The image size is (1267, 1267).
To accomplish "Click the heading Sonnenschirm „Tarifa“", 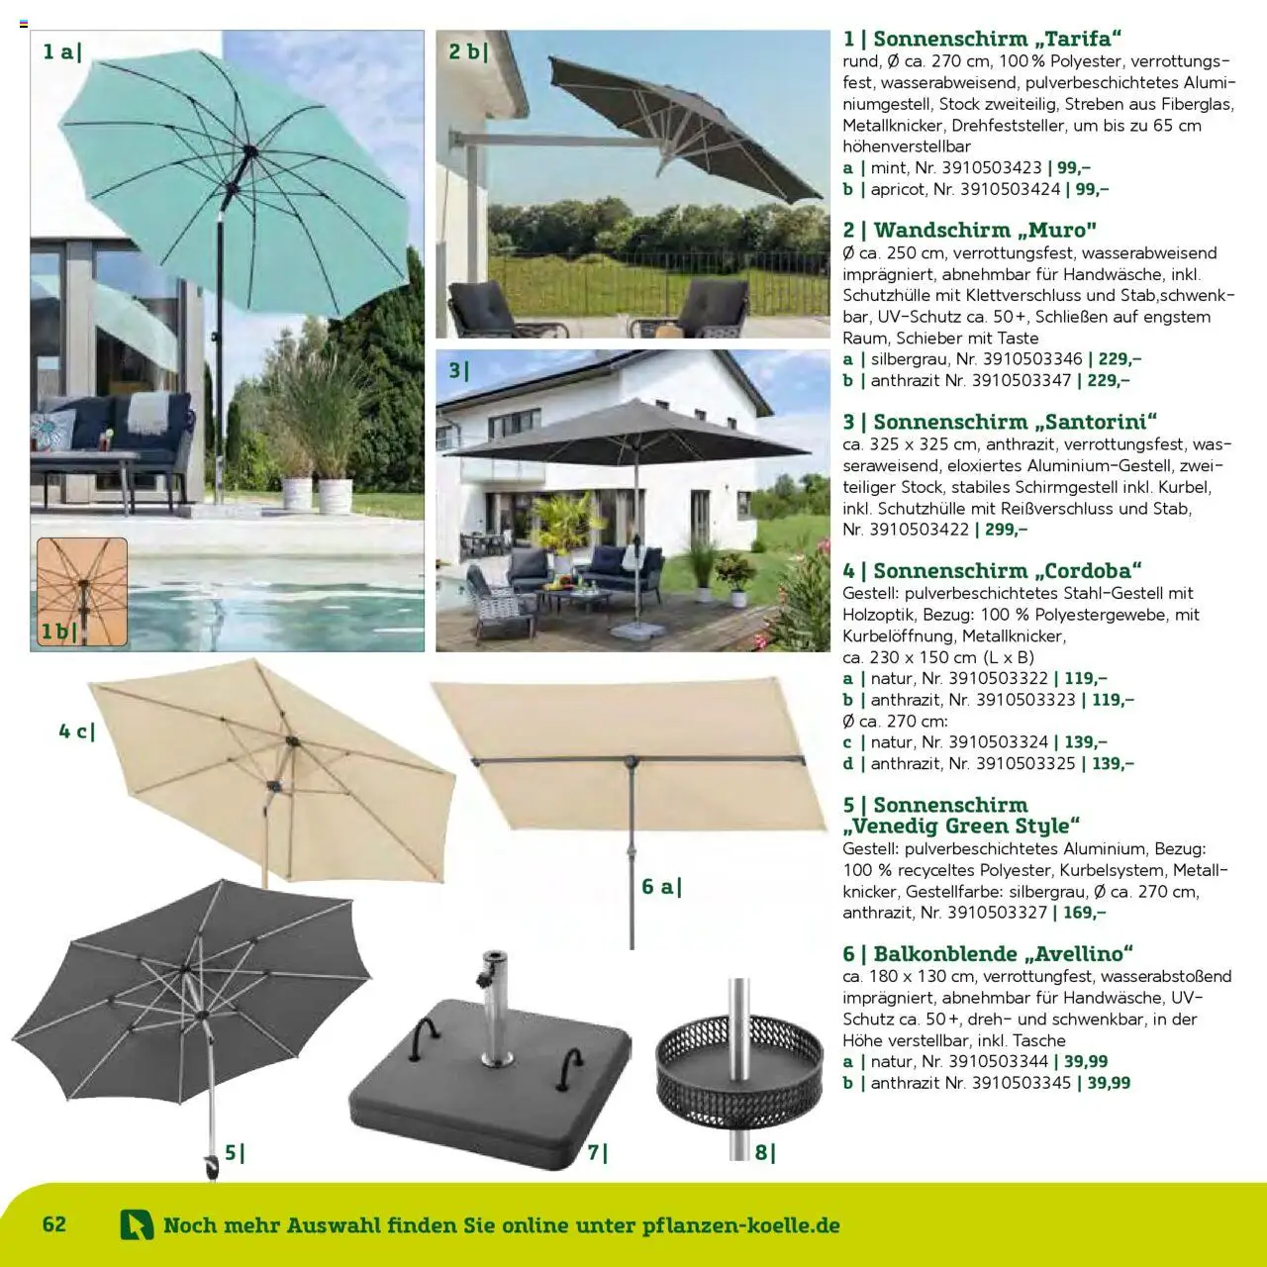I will point(983,40).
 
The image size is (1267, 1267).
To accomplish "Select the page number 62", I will point(54,1223).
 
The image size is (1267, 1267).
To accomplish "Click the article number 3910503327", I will point(998,913).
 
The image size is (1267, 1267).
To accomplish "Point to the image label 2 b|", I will point(468,51).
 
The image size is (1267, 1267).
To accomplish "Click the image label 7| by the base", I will point(597,1152).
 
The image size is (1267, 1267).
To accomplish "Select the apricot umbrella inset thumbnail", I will point(82,591).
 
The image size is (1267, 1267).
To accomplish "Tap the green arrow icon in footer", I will point(137,1225).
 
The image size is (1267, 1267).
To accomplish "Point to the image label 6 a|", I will point(661,886).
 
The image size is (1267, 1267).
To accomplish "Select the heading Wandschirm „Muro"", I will point(970,231).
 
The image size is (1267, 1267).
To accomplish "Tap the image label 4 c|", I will point(76,731).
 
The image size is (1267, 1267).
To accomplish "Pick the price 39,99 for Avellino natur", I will point(1086,1061).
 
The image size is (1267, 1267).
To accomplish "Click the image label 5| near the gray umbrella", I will point(234,1152).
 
